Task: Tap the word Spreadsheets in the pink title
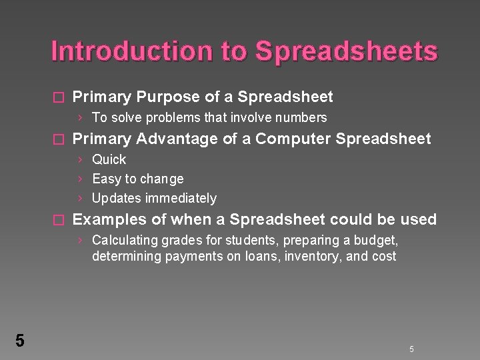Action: click(x=347, y=51)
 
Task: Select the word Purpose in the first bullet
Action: click(x=165, y=97)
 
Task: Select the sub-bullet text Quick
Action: click(x=109, y=159)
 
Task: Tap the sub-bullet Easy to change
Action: click(x=137, y=179)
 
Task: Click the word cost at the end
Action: click(x=384, y=256)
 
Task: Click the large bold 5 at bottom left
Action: click(x=19, y=341)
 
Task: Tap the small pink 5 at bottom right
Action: click(x=411, y=349)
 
